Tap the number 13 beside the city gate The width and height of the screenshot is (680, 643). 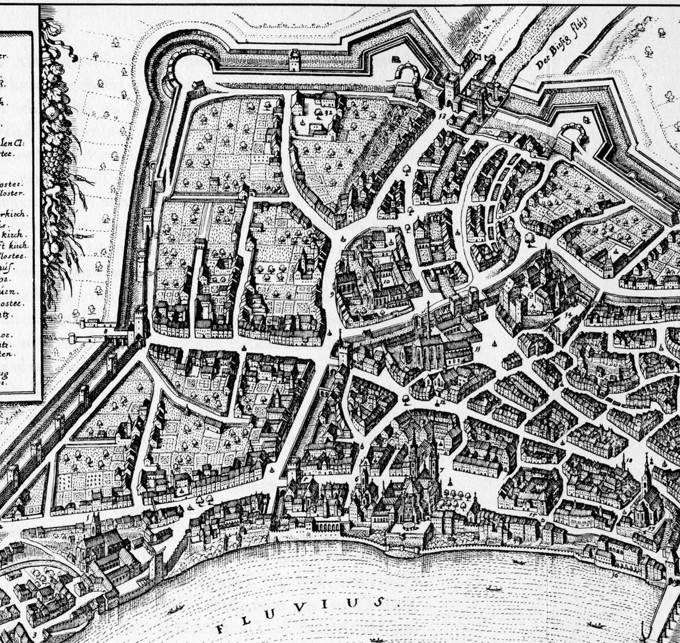click(442, 116)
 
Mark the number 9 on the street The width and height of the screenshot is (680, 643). click(331, 294)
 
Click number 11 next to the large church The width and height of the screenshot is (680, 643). click(477, 347)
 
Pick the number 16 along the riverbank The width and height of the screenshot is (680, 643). click(614, 575)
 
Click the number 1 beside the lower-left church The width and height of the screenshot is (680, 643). click(93, 517)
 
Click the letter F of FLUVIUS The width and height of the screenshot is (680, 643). click(221, 628)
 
